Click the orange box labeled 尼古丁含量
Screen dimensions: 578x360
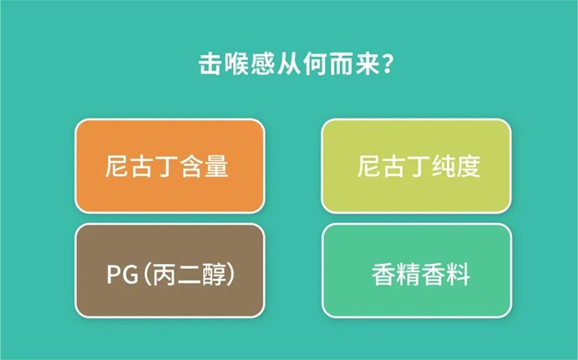pyautogui.click(x=170, y=166)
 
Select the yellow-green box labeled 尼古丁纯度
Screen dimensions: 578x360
pyautogui.click(x=416, y=166)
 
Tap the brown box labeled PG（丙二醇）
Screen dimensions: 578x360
pyautogui.click(x=170, y=270)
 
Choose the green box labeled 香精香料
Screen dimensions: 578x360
pyautogui.click(x=417, y=270)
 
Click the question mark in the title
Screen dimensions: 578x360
pyautogui.click(x=387, y=65)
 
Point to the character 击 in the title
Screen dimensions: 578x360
pyautogui.click(x=210, y=64)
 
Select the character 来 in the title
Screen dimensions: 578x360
pyautogui.click(x=367, y=64)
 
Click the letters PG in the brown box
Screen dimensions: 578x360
pyautogui.click(x=123, y=275)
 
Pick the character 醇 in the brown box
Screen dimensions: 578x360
pyautogui.click(x=214, y=274)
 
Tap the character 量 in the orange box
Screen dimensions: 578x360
pyautogui.click(x=217, y=166)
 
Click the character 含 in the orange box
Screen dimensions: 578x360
pyautogui.click(x=191, y=166)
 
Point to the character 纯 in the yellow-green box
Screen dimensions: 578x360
pyautogui.click(x=443, y=166)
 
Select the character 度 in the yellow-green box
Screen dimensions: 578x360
pyautogui.click(x=468, y=166)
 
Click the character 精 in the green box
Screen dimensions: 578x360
pyautogui.click(x=408, y=274)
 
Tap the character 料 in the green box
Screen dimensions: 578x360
pyautogui.click(x=459, y=274)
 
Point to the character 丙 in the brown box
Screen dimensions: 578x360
pyautogui.click(x=164, y=274)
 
